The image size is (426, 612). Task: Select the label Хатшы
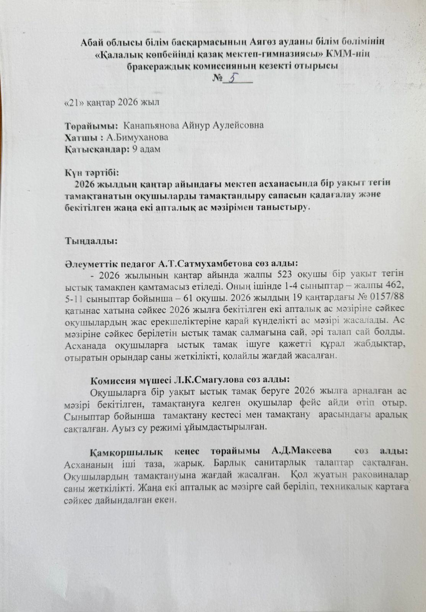coord(78,137)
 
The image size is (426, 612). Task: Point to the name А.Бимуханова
coord(136,137)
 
